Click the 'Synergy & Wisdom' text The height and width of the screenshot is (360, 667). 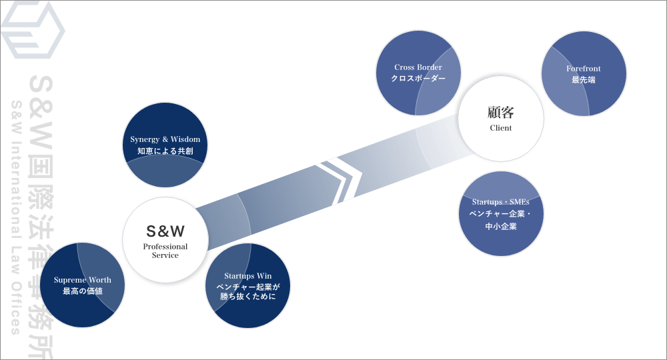pos(165,139)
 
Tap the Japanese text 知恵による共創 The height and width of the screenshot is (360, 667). pos(165,151)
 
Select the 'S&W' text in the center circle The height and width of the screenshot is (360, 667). pos(165,231)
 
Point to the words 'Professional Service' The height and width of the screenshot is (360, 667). pos(165,251)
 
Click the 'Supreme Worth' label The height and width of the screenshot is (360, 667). pos(83,279)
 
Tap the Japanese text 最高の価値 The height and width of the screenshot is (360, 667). pos(83,291)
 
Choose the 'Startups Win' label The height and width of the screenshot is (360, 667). pos(248,275)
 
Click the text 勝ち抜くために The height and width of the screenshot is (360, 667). pos(248,297)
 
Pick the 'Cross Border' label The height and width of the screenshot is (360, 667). pos(418,67)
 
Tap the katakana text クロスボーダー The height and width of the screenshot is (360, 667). pos(418,79)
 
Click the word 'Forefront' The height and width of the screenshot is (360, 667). pos(584,69)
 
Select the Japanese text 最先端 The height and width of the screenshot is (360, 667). pos(584,80)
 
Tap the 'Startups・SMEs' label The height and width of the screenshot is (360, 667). pos(501,201)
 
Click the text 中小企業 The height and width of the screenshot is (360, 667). pos(501,227)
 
